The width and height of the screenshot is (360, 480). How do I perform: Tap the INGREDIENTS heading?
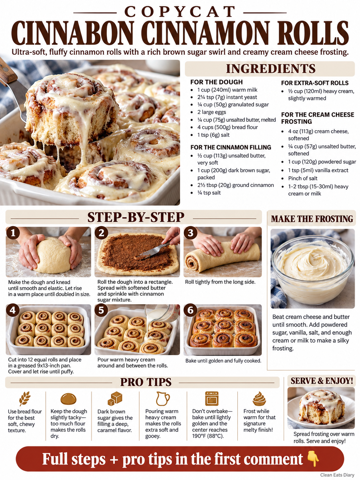[270, 68]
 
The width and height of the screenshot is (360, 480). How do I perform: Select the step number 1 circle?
[13, 233]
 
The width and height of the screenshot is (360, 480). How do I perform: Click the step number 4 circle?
[13, 310]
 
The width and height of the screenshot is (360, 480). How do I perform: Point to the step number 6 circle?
[190, 310]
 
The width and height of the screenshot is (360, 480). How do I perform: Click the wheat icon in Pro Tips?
[25, 398]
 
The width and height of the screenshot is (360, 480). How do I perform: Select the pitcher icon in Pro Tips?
[163, 398]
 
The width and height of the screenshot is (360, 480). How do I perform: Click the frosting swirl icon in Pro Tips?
[259, 399]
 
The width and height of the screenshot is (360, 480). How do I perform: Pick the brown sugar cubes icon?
[115, 398]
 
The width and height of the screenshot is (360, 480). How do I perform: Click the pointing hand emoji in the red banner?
[313, 459]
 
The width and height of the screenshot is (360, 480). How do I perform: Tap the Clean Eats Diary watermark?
[337, 475]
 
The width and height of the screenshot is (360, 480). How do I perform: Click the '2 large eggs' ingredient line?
[211, 112]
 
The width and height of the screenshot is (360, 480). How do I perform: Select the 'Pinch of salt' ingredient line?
[303, 178]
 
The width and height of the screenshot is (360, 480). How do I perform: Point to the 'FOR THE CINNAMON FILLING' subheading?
[231, 148]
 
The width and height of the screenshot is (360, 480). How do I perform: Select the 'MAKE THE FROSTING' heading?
[312, 219]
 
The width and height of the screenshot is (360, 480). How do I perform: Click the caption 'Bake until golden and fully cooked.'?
[223, 361]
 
